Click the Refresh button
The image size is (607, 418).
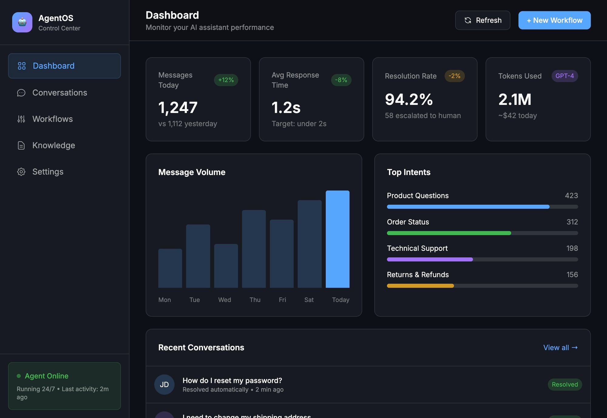tap(482, 20)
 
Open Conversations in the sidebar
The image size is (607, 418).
tap(59, 92)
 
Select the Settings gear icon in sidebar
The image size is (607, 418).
tap(21, 172)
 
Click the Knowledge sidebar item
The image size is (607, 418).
tap(53, 145)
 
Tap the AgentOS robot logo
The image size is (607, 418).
tap(22, 22)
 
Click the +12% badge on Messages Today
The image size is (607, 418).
tap(226, 80)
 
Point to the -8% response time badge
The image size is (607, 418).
tap(341, 80)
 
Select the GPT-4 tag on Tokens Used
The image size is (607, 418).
tap(565, 76)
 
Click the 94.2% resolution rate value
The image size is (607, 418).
tap(409, 99)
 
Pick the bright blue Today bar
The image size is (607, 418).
tap(337, 239)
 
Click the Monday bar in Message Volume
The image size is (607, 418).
tap(170, 268)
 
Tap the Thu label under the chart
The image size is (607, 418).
tap(255, 300)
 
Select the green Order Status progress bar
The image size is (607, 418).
tap(449, 233)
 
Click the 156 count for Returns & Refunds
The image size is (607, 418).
tap(572, 275)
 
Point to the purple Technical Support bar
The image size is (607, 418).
tap(430, 259)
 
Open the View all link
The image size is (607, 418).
tap(560, 347)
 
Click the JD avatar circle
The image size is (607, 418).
tap(164, 385)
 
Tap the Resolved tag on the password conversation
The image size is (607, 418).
tap(565, 385)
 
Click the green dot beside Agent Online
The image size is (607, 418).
tap(19, 376)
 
